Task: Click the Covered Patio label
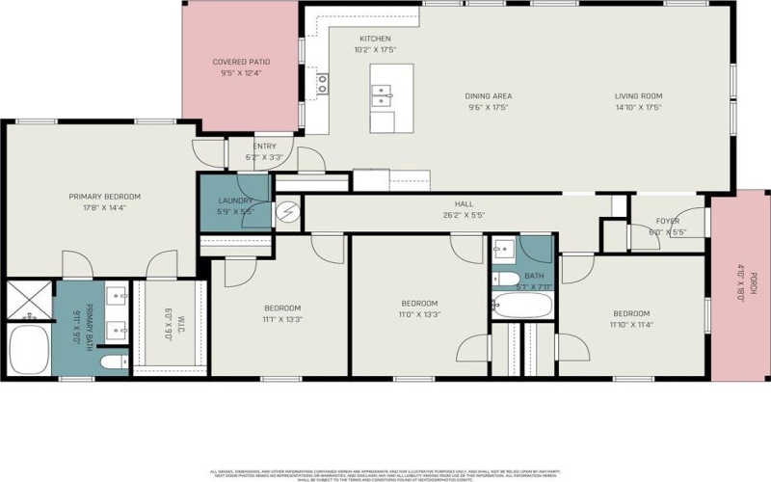pyautogui.click(x=241, y=62)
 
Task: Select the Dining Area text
pyautogui.click(x=488, y=96)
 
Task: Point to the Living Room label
pyautogui.click(x=640, y=96)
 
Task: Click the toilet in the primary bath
pyautogui.click(x=113, y=361)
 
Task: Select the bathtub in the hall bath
pyautogui.click(x=522, y=307)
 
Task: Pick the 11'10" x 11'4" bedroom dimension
pyautogui.click(x=631, y=325)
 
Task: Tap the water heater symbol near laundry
pyautogui.click(x=288, y=213)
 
